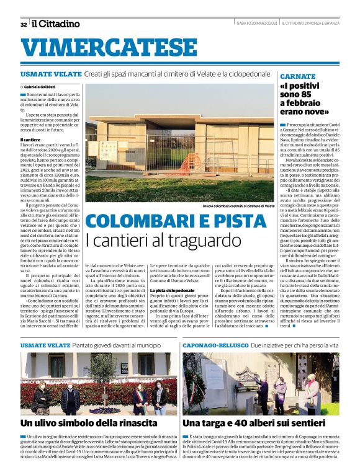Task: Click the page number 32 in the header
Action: [x=24, y=24]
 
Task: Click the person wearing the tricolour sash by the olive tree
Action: [x=138, y=397]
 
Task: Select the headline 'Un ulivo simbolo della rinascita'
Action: [x=89, y=423]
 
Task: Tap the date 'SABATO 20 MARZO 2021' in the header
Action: [x=255, y=24]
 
